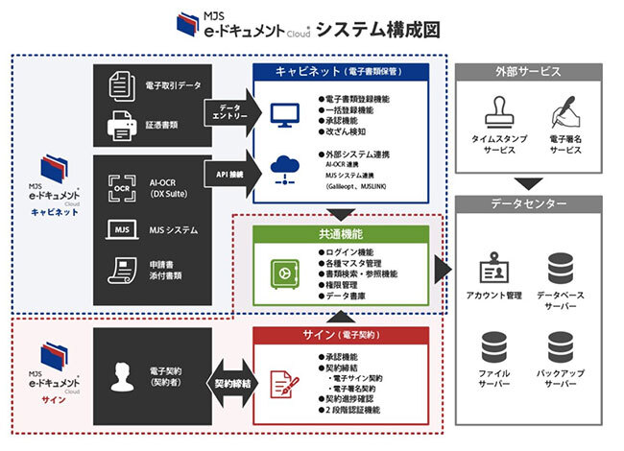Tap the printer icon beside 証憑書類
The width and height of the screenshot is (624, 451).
tap(121, 124)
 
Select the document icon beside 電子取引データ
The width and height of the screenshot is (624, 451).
tap(121, 85)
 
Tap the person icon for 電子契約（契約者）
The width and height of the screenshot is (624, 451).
tap(123, 377)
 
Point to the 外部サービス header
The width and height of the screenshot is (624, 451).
tap(527, 73)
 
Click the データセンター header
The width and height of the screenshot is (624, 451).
tap(527, 205)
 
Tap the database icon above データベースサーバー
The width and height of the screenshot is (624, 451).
tap(563, 267)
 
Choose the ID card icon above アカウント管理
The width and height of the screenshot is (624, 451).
tap(492, 268)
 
